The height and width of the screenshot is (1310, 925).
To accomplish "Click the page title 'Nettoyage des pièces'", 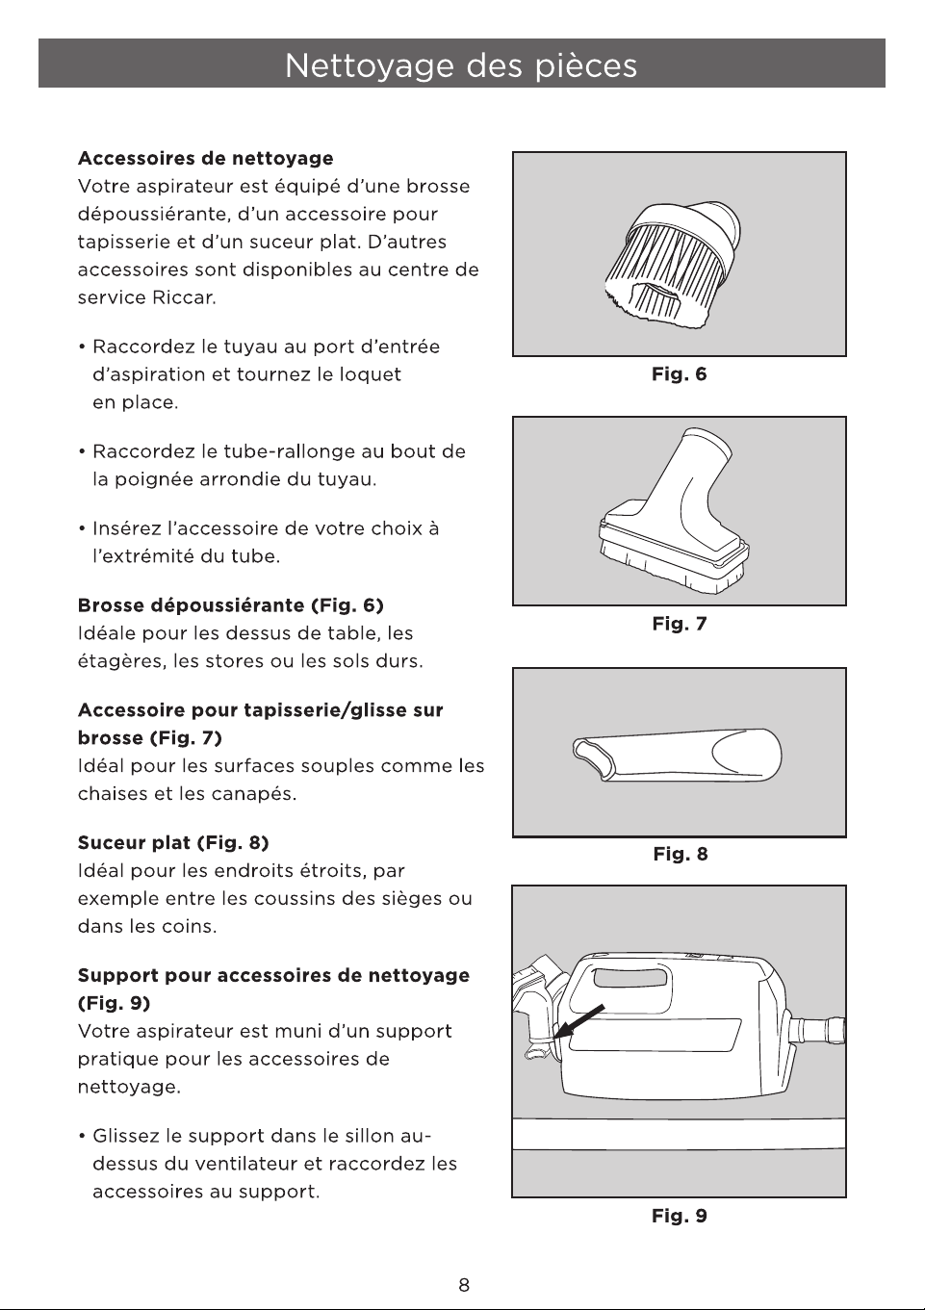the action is pyautogui.click(x=461, y=64).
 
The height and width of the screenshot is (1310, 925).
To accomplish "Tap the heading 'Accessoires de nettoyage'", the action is pyautogui.click(x=206, y=158).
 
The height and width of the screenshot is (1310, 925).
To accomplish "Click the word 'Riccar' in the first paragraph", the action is pyautogui.click(x=184, y=297).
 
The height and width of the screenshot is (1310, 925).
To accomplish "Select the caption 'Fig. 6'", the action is pyautogui.click(x=679, y=374).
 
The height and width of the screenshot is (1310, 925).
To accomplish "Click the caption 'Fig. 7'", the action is pyautogui.click(x=679, y=624).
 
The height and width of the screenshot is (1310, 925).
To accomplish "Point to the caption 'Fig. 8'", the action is pyautogui.click(x=680, y=855).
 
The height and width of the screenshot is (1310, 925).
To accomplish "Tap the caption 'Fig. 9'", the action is pyautogui.click(x=679, y=1217).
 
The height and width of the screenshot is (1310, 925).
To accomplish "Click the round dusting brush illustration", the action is pyautogui.click(x=674, y=261).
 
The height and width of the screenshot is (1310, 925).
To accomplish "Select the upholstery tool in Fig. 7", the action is pyautogui.click(x=673, y=510).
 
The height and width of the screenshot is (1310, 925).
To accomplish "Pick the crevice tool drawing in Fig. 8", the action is pyautogui.click(x=677, y=756).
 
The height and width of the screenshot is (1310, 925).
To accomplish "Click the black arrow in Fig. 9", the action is pyautogui.click(x=579, y=1021).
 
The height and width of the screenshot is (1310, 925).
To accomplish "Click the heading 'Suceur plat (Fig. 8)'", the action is pyautogui.click(x=173, y=843).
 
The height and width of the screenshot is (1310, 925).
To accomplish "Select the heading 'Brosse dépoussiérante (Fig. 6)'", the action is pyautogui.click(x=230, y=605).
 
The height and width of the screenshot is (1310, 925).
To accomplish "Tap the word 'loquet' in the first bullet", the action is pyautogui.click(x=371, y=374).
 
